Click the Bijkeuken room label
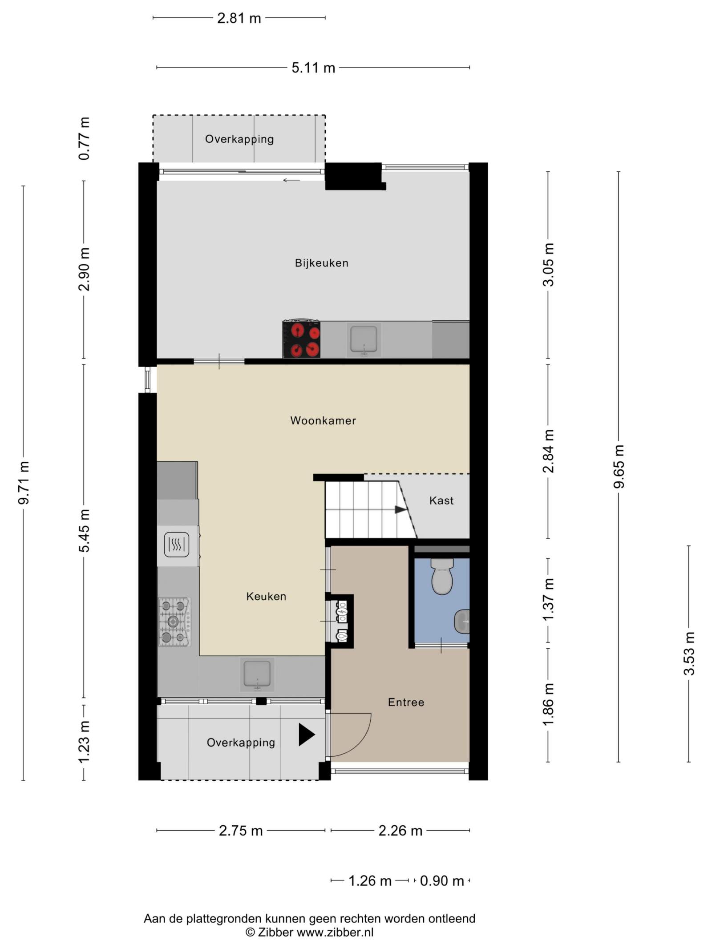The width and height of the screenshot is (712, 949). [321, 263]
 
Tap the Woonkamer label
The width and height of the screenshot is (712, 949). [323, 420]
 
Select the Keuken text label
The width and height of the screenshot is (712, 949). [266, 596]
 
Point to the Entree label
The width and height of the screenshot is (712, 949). [406, 702]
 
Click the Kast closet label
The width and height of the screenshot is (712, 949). [441, 501]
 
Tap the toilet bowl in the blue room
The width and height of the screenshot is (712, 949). [442, 577]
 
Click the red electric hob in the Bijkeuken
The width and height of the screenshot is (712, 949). [302, 339]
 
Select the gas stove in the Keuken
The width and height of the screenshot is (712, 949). [174, 622]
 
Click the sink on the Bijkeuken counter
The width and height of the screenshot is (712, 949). [364, 339]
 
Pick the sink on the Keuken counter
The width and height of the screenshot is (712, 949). [257, 674]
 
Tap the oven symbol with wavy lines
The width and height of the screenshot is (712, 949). [177, 545]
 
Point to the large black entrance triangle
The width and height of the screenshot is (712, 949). [307, 735]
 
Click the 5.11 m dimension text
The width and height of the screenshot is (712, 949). [313, 68]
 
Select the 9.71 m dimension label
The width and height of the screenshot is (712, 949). [24, 482]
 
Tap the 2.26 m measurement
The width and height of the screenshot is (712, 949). [400, 831]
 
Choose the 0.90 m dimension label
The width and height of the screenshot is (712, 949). [442, 881]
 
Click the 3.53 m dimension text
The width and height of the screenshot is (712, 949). [689, 653]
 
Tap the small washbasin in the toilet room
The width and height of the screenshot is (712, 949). [462, 622]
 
